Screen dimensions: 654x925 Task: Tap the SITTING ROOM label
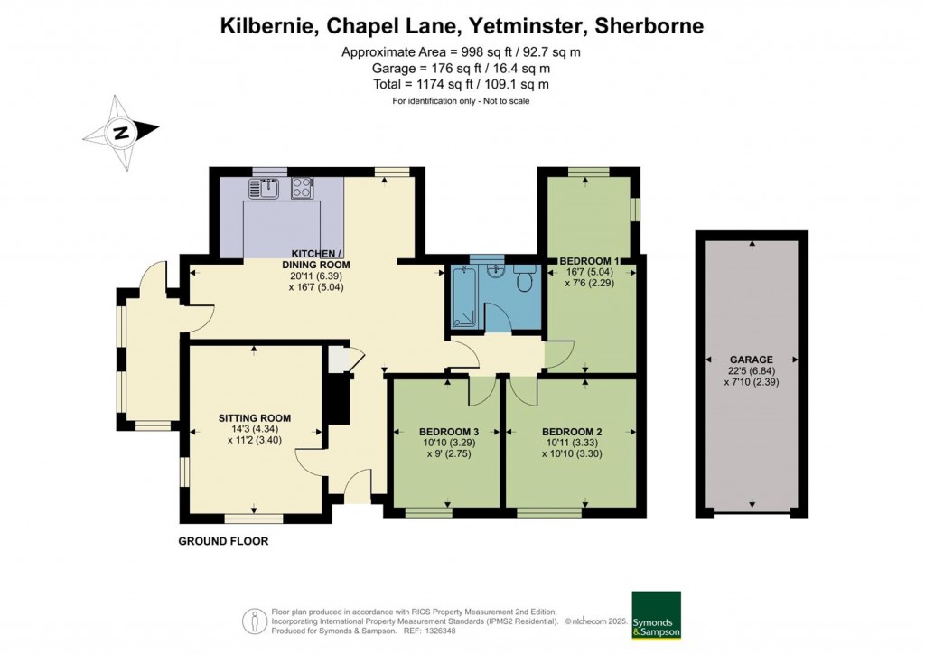(x=255, y=417)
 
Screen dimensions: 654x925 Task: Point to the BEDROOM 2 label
(x=571, y=431)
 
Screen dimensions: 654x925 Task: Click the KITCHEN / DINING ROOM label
(x=316, y=258)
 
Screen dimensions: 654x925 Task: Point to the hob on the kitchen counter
(x=302, y=189)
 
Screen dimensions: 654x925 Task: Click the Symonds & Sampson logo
(x=656, y=616)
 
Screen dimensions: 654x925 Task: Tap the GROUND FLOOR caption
(x=223, y=541)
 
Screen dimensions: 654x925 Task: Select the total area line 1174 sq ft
(x=461, y=84)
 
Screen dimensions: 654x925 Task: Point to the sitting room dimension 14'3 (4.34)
(x=255, y=429)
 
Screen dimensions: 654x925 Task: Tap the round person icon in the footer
(x=256, y=621)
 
